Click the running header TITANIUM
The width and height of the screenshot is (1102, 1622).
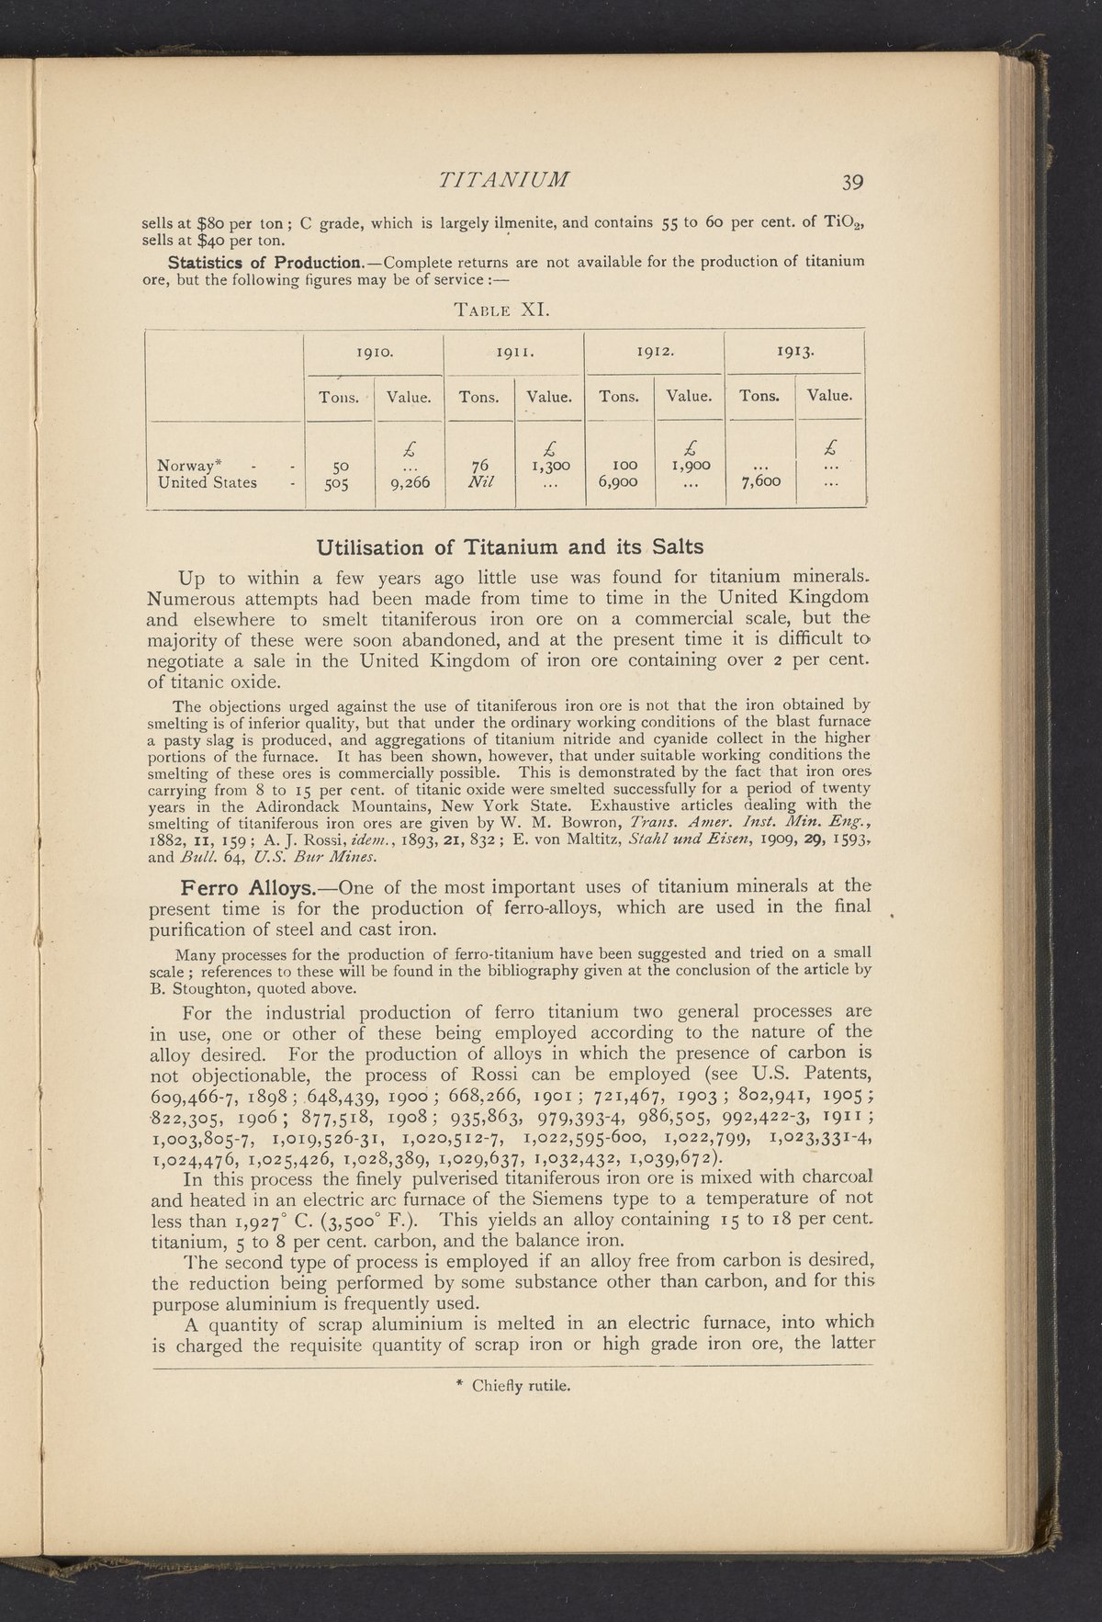click(506, 177)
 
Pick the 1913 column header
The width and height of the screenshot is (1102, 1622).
click(794, 350)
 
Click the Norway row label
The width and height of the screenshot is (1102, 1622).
click(185, 464)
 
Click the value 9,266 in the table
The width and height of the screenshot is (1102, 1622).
click(409, 482)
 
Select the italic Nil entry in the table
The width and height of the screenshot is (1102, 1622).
click(478, 482)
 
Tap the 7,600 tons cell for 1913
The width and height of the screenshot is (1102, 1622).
click(759, 482)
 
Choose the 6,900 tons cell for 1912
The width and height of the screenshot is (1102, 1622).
click(619, 482)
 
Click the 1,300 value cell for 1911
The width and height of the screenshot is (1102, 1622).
click(549, 465)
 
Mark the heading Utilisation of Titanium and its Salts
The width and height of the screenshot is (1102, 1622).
click(510, 546)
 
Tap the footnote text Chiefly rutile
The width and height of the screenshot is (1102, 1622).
click(513, 1387)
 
